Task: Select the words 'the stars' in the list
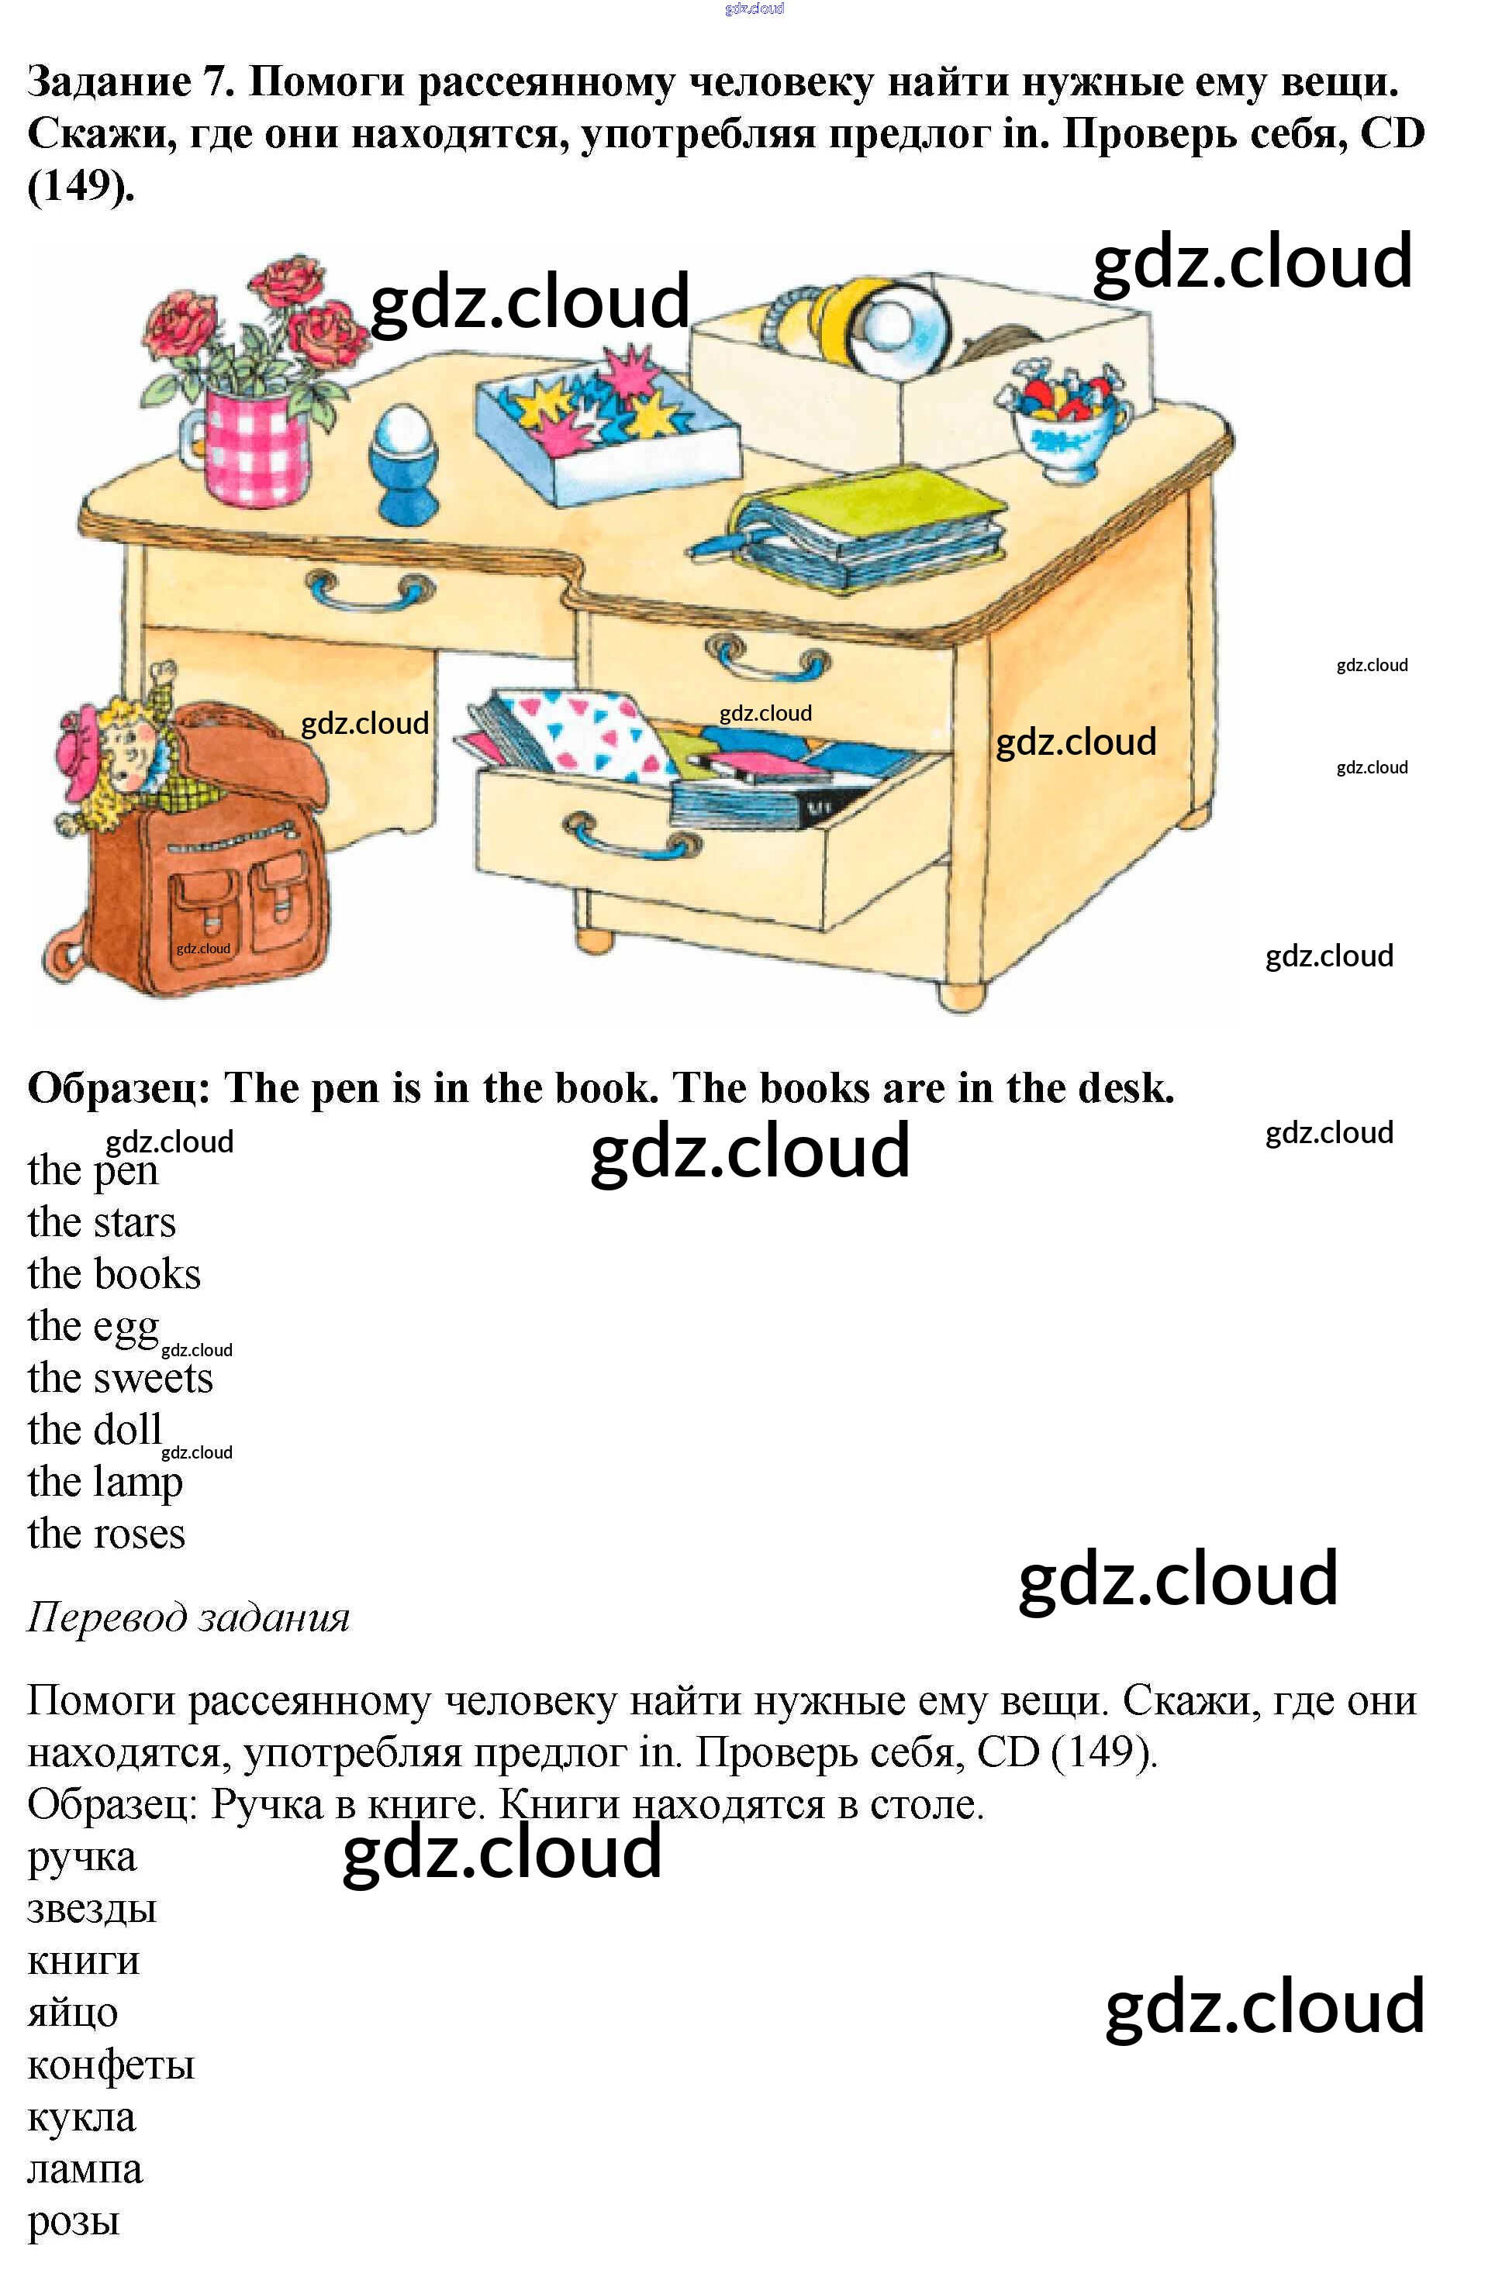pyautogui.click(x=102, y=1222)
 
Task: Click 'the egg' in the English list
pyautogui.click(x=92, y=1326)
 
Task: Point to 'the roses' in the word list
pyautogui.click(x=106, y=1534)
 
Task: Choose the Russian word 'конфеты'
pyautogui.click(x=111, y=2065)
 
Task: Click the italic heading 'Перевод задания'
pyautogui.click(x=188, y=1617)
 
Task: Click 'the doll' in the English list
pyautogui.click(x=95, y=1429)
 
